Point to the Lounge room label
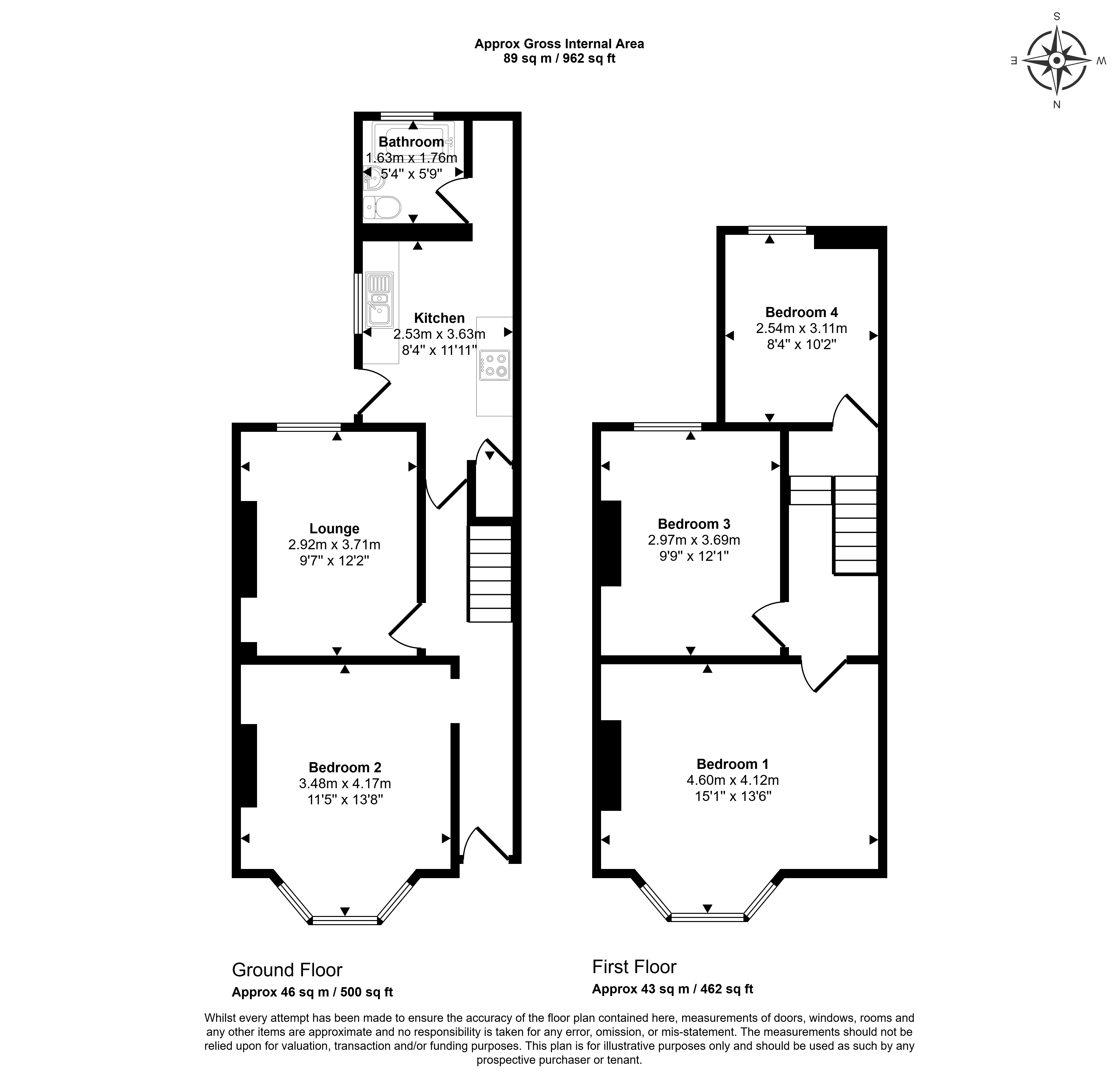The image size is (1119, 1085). coord(335,529)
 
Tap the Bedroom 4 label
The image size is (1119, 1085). coord(801,312)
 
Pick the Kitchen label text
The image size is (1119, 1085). coord(440,318)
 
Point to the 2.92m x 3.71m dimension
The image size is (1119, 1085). coord(335,544)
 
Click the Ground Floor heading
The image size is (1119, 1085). coord(287,970)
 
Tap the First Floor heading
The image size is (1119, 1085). coord(634,966)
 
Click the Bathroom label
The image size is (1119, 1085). coord(411,142)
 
